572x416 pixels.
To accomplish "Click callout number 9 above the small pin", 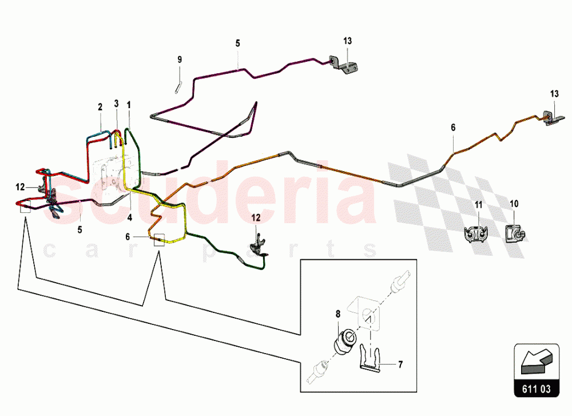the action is (180, 60).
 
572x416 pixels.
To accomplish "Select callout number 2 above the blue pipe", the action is (100, 107).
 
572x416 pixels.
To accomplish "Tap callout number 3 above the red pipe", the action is (116, 104).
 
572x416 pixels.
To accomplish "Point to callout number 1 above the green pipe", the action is (129, 105).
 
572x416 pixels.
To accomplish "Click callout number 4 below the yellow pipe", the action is (129, 218).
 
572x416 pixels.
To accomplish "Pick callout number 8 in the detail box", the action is (338, 314).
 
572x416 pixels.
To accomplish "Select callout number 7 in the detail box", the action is (400, 365).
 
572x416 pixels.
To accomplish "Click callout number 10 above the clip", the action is (514, 204).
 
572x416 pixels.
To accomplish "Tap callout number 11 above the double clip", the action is (479, 205).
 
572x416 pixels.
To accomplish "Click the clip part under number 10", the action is (515, 234).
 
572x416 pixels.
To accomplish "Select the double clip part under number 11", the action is (476, 234).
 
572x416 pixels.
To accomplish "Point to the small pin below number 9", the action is (178, 88).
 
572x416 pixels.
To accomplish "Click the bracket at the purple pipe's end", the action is (343, 65).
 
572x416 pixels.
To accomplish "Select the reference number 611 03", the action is (537, 389).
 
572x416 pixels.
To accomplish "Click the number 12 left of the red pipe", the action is (20, 187).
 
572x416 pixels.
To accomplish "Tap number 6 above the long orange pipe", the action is (453, 128).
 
